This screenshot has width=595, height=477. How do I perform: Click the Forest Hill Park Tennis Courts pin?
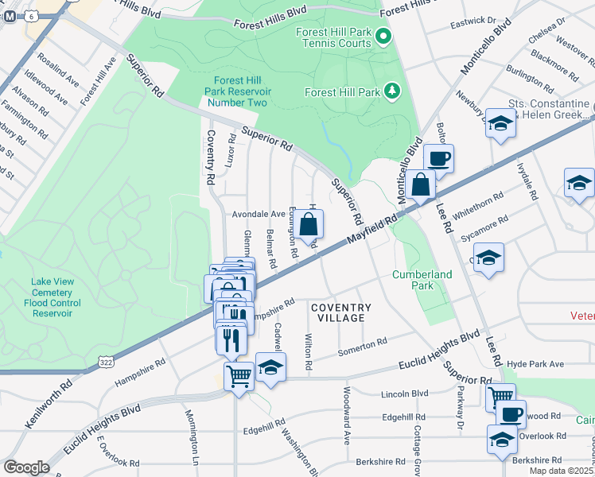[383, 37]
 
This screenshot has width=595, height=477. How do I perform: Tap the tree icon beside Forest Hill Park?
[391, 91]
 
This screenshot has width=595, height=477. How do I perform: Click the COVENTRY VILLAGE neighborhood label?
[340, 312]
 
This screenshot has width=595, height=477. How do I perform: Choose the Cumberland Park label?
[422, 281]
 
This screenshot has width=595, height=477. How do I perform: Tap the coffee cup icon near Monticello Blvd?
[438, 158]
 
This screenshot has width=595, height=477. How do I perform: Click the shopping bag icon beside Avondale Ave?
[310, 224]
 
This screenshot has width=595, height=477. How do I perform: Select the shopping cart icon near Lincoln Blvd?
[500, 397]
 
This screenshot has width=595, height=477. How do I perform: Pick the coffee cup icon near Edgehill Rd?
[511, 414]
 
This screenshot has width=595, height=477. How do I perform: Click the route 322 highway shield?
[105, 362]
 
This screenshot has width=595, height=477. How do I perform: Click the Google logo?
[25, 467]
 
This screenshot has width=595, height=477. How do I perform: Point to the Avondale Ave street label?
[258, 214]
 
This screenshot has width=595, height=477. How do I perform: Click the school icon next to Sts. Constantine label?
[500, 124]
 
